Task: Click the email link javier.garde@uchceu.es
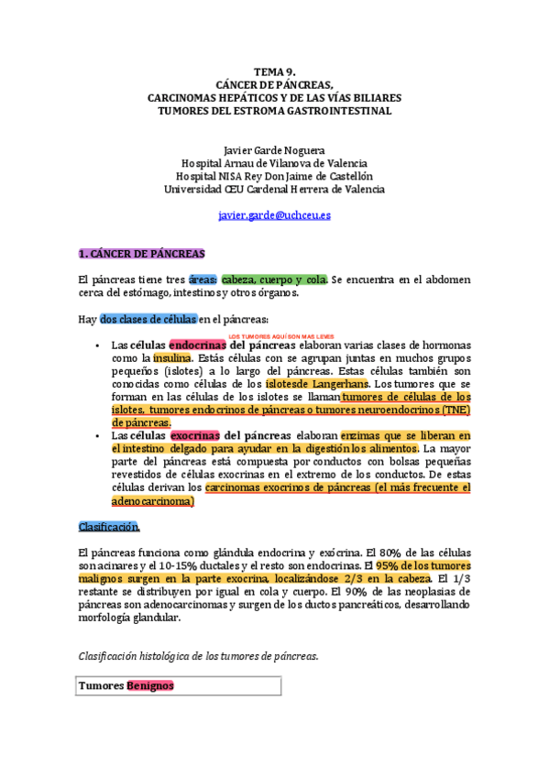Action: coord(274,215)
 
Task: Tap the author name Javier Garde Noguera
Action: coord(274,150)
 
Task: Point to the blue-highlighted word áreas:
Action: coord(204,279)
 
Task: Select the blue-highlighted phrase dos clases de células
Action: coord(148,319)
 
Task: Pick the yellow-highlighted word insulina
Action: coord(172,358)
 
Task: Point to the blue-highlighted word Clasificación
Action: coord(109,527)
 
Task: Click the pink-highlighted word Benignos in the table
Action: coord(150,685)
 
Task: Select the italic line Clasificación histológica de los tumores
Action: coord(198,656)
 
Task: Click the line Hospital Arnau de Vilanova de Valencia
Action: coord(274,163)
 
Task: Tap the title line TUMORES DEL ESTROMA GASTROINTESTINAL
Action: coord(274,110)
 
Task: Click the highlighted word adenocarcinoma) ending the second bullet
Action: coord(152,502)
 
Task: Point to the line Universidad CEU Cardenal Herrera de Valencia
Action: coord(274,189)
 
